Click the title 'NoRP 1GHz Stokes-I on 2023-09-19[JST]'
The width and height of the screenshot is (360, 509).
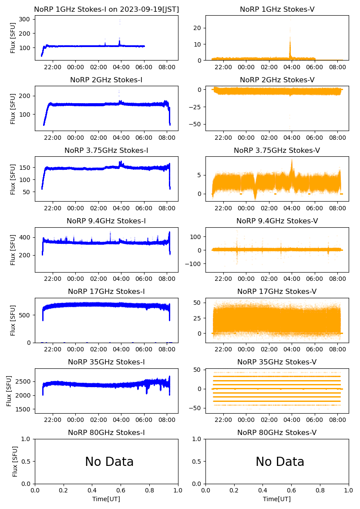[x=106, y=10]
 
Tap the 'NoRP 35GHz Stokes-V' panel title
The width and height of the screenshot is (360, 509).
[x=277, y=362]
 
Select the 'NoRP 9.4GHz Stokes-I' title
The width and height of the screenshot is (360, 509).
[x=106, y=221]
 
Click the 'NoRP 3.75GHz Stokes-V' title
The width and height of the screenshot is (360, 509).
[x=277, y=151]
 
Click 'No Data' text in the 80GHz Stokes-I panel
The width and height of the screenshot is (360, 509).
[x=109, y=462]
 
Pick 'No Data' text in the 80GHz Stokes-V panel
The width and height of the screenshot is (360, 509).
[x=280, y=462]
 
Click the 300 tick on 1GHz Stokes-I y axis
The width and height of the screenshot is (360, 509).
[x=24, y=20]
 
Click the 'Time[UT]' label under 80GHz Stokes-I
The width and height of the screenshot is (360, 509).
[x=106, y=499]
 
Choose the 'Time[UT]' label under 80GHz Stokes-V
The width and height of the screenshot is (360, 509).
[x=277, y=499]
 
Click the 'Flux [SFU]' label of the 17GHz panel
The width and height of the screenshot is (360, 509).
[x=13, y=320]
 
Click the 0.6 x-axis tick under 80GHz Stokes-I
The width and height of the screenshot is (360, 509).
[x=121, y=491]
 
